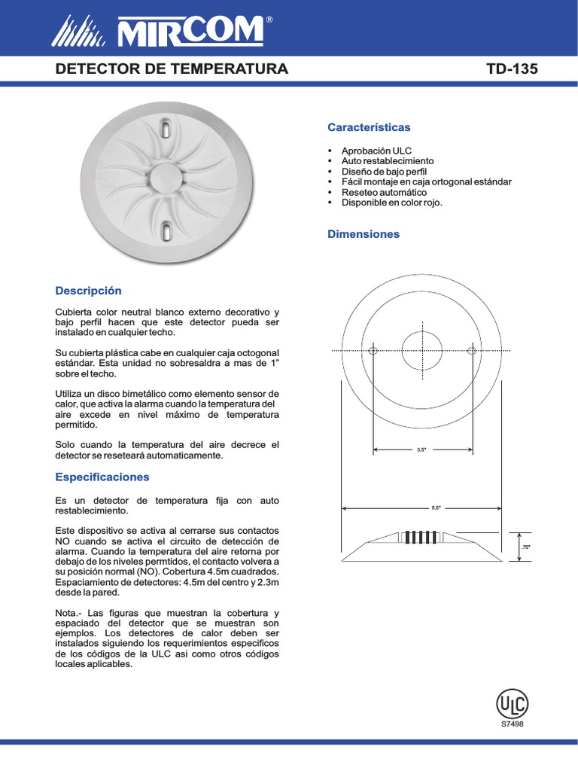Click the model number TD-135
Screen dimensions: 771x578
click(512, 69)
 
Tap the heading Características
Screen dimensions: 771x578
click(369, 127)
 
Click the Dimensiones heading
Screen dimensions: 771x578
click(364, 234)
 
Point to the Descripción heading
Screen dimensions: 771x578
click(89, 291)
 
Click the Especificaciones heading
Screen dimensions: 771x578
click(102, 477)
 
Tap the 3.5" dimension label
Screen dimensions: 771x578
click(421, 450)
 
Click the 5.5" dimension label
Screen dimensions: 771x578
click(436, 508)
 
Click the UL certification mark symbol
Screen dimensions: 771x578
click(512, 705)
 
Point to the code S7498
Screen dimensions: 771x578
click(512, 724)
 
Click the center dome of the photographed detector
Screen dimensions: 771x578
click(165, 178)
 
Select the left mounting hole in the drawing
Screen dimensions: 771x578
click(373, 351)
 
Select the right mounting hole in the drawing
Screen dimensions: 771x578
click(472, 351)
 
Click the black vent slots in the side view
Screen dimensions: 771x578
click(421, 538)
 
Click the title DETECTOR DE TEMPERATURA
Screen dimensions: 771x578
click(172, 69)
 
